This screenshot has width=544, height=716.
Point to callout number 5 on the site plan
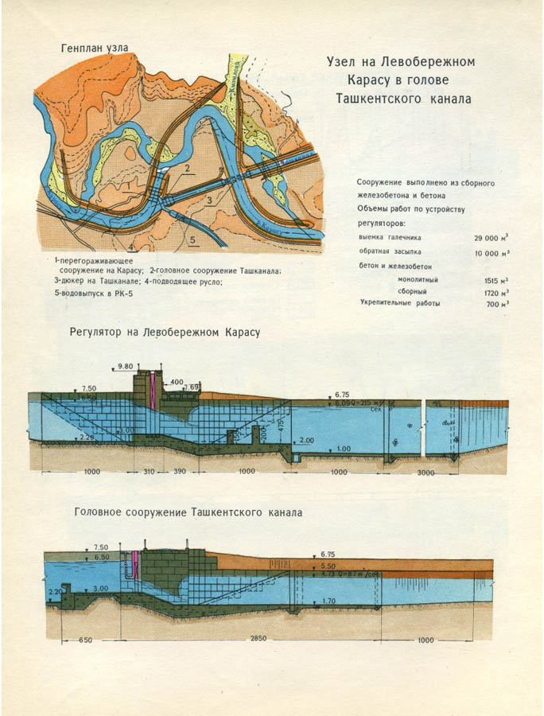click(x=192, y=238)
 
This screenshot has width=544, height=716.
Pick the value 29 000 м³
click(x=492, y=238)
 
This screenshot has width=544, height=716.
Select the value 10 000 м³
click(x=492, y=252)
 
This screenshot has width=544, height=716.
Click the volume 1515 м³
click(x=495, y=281)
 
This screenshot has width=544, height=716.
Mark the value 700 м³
click(x=497, y=305)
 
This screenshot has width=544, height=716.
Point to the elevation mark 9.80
click(x=126, y=366)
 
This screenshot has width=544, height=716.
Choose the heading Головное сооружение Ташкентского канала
click(x=188, y=513)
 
